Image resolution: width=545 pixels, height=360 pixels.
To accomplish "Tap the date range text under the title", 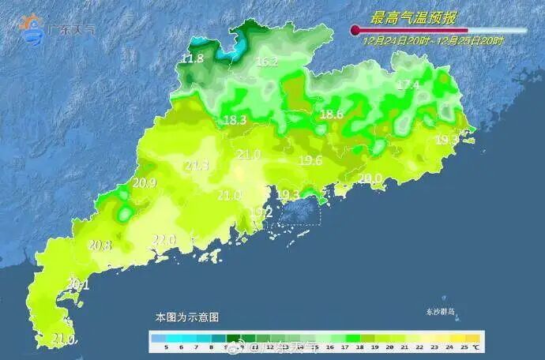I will pos(433,37).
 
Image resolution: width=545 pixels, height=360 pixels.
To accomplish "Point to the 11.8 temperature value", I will pos(193,58).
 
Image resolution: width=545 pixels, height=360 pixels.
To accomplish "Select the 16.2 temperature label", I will pos(267,62).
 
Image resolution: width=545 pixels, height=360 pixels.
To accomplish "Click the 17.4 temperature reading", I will pos(408,84).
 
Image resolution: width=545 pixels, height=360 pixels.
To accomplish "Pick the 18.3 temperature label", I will pos(235,120).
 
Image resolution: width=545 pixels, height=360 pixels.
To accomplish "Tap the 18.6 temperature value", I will pos(331,114).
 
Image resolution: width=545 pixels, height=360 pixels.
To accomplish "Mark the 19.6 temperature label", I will pos(310,160).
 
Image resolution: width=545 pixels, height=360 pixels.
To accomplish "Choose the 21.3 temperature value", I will pos(197,166).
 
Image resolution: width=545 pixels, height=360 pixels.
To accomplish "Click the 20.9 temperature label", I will pos(144,183).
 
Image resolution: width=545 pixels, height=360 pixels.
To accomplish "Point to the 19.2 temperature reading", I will pos(261,212).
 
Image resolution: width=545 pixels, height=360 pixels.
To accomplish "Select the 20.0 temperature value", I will pos(370,178).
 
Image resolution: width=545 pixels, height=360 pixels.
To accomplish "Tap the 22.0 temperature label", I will pos(164,239).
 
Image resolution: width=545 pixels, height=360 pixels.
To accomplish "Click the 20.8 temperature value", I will pos(100,246).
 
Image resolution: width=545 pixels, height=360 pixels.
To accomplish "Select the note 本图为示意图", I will pos(187,317).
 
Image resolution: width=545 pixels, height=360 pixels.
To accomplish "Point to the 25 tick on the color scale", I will pos(465,347).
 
